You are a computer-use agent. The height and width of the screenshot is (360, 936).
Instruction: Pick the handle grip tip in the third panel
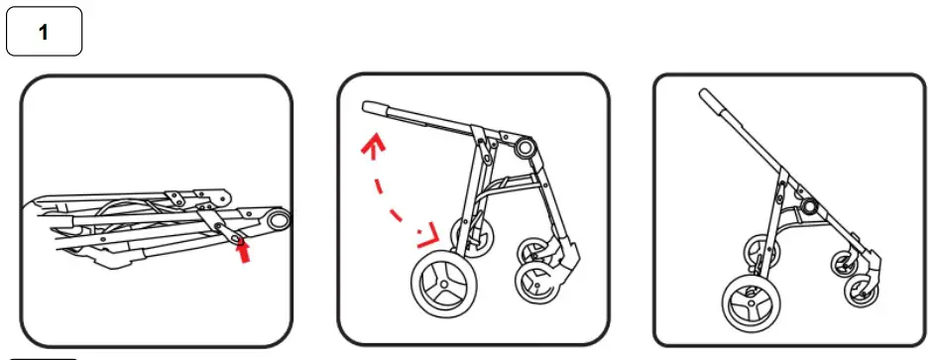click(709, 98)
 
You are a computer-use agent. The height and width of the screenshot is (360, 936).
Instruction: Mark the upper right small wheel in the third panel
click(846, 262)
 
